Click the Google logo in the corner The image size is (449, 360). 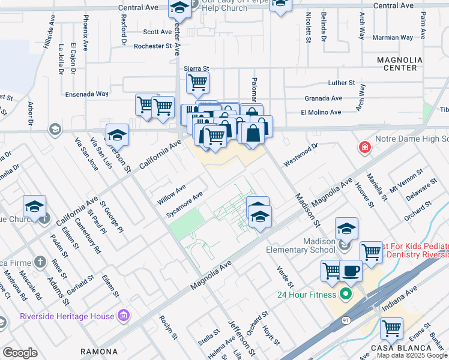coord(20,353)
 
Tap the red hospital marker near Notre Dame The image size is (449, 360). coord(364,147)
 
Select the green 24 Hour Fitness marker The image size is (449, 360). coord(345,294)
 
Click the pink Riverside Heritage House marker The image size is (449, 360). coord(124,314)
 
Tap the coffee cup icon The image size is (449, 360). coord(351,270)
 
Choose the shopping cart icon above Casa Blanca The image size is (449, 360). coord(391,328)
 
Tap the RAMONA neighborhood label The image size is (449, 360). coord(99,352)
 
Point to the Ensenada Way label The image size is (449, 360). coord(87,94)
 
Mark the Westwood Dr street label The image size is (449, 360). coord(301,155)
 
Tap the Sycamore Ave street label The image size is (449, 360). coord(185,205)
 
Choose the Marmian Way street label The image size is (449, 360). coord(393,37)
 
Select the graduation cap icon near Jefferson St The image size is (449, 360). coord(118,136)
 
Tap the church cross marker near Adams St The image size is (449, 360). coord(40,262)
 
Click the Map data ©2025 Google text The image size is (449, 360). coord(412,355)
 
